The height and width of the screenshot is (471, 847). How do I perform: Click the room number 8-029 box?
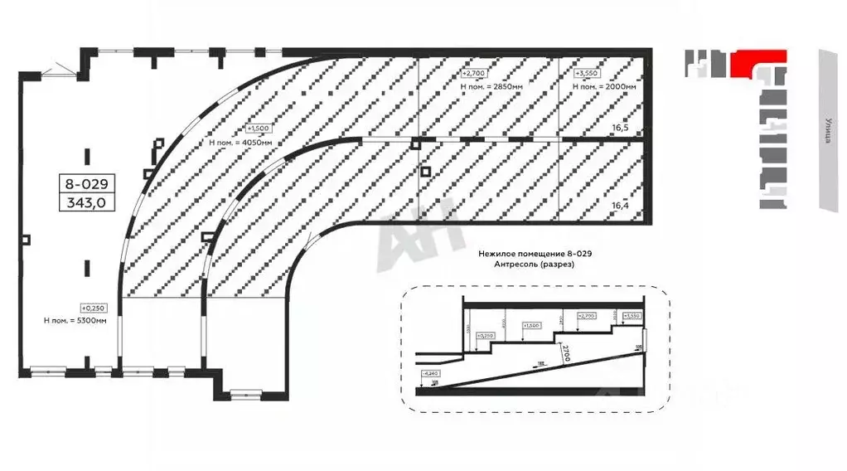pos(86,182)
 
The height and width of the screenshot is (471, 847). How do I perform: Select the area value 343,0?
pos(86,201)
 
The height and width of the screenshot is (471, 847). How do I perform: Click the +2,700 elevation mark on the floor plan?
pos(473,73)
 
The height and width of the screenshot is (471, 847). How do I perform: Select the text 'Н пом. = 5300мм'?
pos(75,320)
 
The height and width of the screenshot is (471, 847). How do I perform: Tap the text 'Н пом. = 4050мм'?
pos(241,143)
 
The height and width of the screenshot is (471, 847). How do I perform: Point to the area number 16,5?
pos(621,129)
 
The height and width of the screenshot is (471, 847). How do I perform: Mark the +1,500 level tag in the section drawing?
pos(530,326)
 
